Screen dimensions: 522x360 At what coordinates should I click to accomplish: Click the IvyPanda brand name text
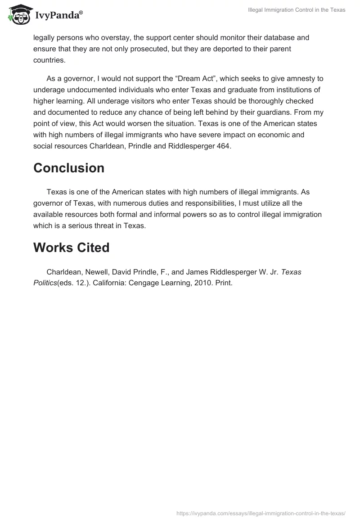58,15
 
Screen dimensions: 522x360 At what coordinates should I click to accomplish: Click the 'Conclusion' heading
69,168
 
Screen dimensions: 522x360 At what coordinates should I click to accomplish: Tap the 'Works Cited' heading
71,247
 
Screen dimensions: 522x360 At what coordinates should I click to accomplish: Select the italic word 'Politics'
45,283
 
